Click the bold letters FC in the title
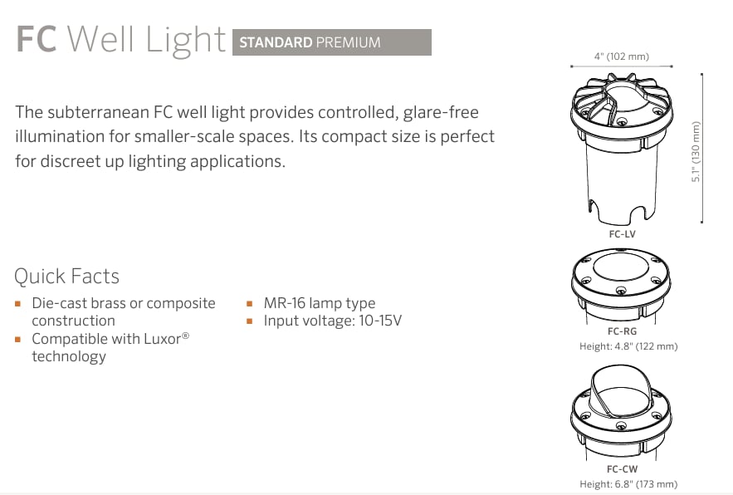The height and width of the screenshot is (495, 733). click(x=37, y=39)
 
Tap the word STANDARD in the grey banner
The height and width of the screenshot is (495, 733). click(x=276, y=42)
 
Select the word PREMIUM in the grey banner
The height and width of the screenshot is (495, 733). click(x=349, y=42)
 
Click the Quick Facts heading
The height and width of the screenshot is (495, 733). click(x=67, y=276)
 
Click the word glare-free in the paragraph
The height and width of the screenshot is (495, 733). click(x=441, y=112)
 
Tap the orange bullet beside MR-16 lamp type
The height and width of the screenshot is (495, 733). click(x=250, y=304)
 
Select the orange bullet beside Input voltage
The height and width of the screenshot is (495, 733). click(x=250, y=321)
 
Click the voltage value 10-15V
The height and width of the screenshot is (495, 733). click(x=380, y=321)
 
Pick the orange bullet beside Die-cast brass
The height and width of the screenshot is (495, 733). click(x=17, y=304)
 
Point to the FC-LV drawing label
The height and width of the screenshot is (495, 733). click(x=623, y=234)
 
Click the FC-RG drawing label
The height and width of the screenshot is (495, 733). click(x=623, y=331)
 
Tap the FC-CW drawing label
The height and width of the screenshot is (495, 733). click(x=623, y=468)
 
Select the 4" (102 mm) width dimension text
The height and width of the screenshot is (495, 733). click(x=622, y=56)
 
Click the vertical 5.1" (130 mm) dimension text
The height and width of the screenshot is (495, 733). click(x=696, y=152)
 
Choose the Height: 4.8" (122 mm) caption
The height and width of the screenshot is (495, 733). click(x=628, y=346)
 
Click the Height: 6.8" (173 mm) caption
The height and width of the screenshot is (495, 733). click(x=628, y=483)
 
